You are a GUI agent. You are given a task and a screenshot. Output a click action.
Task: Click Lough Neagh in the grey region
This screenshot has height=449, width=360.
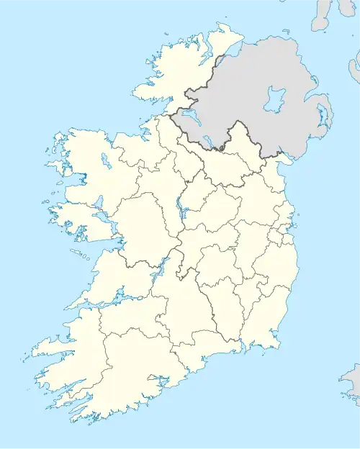click(x=274, y=99)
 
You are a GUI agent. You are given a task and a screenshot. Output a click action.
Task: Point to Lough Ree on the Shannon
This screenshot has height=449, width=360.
click(x=178, y=209)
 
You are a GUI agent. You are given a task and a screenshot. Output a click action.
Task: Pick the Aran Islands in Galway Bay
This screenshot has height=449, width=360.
click(x=78, y=253)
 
